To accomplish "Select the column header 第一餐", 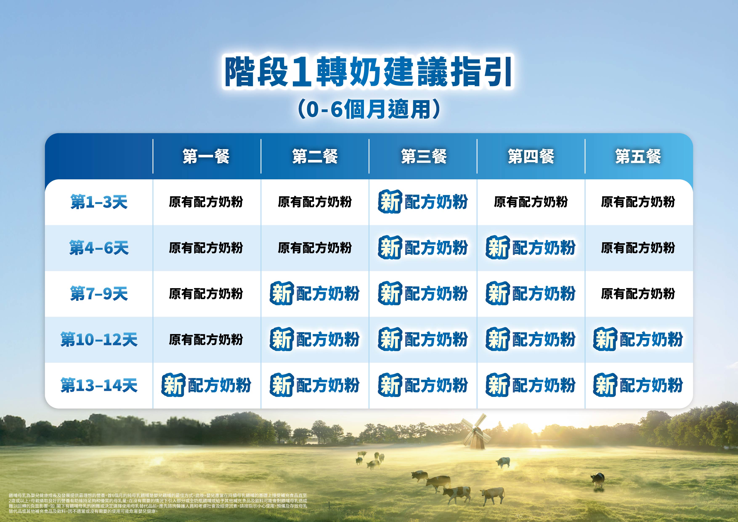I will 206,157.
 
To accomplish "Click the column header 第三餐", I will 424,157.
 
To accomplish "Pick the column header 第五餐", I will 638,157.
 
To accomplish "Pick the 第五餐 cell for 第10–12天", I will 638,339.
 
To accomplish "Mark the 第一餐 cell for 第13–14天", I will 206,385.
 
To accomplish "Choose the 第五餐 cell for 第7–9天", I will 638,294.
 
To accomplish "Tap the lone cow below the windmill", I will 503,462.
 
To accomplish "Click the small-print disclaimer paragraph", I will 158,503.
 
